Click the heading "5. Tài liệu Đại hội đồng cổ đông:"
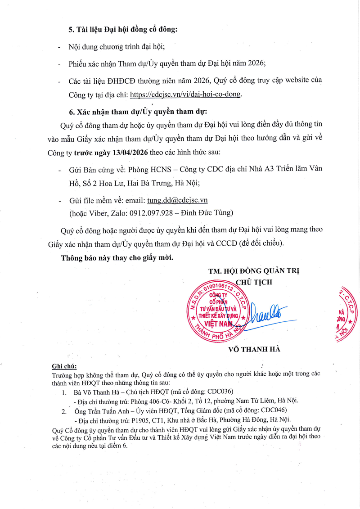click(123, 30)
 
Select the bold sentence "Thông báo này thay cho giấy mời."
click(117, 258)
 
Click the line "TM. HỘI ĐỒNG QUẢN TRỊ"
click(254, 271)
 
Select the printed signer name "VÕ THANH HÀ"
click(254, 349)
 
